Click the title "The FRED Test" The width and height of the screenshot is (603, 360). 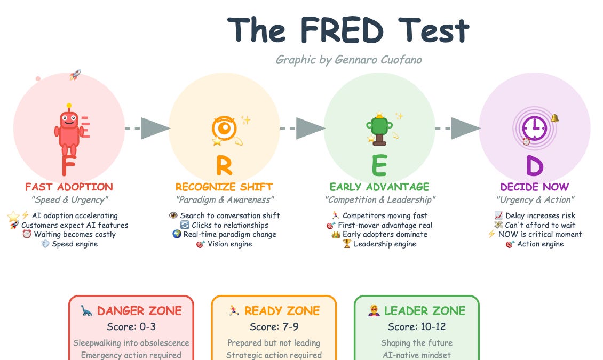pyautogui.click(x=348, y=30)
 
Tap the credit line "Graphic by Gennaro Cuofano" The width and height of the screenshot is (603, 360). pyautogui.click(x=348, y=59)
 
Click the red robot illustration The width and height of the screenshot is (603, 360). pyautogui.click(x=68, y=129)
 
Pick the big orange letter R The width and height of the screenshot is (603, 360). pyautogui.click(x=224, y=165)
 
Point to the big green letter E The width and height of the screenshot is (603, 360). pyautogui.click(x=379, y=165)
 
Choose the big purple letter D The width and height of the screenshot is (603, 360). pyautogui.click(x=535, y=165)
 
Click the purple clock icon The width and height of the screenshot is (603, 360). pyautogui.click(x=534, y=128)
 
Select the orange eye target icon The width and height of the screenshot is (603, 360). pyautogui.click(x=224, y=129)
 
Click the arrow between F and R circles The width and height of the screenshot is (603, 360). pyautogui.click(x=147, y=129)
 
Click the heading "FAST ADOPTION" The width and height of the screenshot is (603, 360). pyautogui.click(x=69, y=187)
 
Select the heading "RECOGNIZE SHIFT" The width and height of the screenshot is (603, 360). pyautogui.click(x=224, y=187)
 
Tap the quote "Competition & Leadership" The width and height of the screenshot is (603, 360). pyautogui.click(x=380, y=200)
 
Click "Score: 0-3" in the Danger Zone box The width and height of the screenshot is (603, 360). pyautogui.click(x=131, y=326)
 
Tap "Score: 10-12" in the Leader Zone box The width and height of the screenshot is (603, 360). pyautogui.click(x=417, y=326)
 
